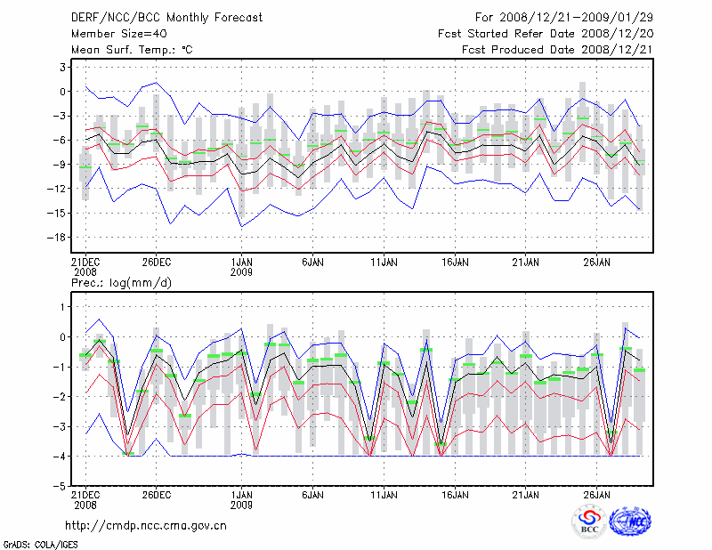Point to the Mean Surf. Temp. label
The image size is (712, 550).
[131, 49]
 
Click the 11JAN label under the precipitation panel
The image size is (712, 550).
[384, 494]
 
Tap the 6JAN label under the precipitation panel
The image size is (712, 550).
[312, 494]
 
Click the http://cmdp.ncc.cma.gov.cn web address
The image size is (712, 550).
[146, 525]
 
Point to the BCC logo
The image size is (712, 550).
[589, 522]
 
